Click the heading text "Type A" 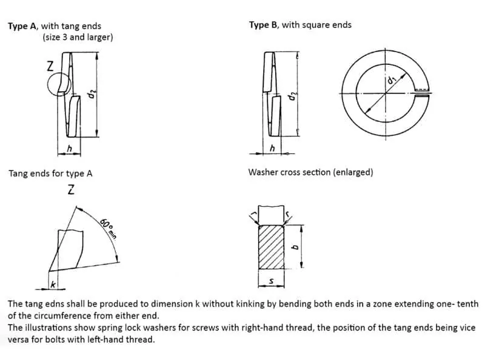[23, 26]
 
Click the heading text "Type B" [264, 25]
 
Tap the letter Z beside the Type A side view [50, 66]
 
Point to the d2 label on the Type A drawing [92, 94]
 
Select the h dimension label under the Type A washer [70, 149]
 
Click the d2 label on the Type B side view [292, 96]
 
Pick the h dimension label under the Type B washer [272, 148]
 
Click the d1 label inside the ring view [392, 80]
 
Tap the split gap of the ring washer [422, 93]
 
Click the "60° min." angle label [108, 229]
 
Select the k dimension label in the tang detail [53, 284]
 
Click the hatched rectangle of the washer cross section [271, 247]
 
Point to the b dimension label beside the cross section [295, 247]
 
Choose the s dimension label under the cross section [271, 281]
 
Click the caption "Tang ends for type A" [50, 174]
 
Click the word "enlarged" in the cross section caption [353, 172]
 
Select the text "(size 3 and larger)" [78, 38]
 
